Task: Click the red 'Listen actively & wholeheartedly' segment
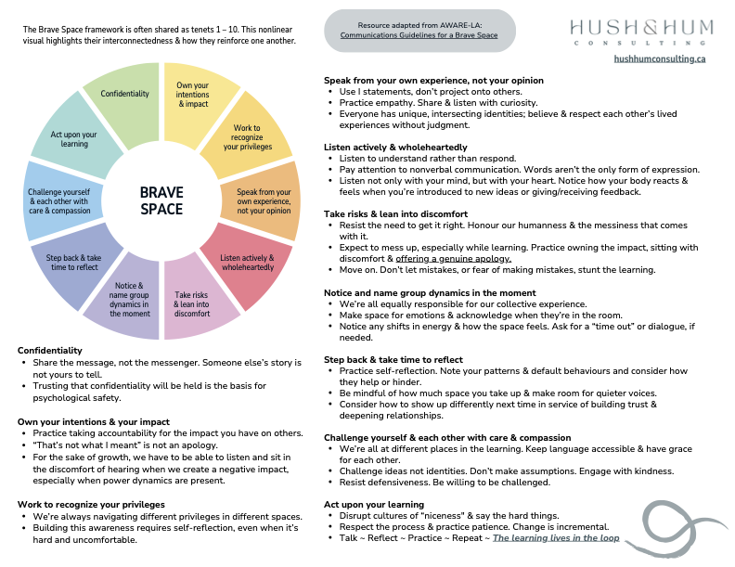point(246,262)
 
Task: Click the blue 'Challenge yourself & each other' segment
point(58,200)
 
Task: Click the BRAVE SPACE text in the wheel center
point(161,200)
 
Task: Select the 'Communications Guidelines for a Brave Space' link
point(419,35)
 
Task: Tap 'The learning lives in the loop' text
point(555,538)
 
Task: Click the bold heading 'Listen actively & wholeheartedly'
point(395,147)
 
